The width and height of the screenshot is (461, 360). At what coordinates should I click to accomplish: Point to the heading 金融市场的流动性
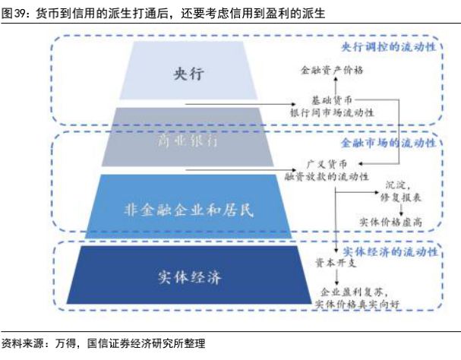click(x=398, y=143)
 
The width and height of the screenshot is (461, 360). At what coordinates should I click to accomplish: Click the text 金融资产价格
click(x=332, y=70)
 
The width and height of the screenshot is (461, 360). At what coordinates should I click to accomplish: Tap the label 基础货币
click(x=331, y=99)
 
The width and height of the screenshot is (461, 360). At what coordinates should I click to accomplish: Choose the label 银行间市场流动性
click(x=332, y=112)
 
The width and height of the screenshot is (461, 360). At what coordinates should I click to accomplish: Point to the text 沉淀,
click(x=399, y=185)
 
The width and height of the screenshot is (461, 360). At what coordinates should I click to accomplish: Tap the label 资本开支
click(x=333, y=263)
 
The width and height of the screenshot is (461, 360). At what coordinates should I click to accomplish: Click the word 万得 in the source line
click(x=67, y=344)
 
